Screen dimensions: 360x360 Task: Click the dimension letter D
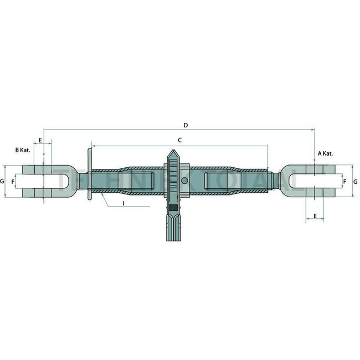tap(186, 126)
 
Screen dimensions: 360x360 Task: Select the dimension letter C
tap(180, 141)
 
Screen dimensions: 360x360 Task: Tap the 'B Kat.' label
tap(23, 150)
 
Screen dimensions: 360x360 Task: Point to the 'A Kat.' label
tap(325, 153)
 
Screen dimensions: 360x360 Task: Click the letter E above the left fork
tap(40, 141)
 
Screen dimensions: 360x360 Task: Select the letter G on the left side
tap(2, 182)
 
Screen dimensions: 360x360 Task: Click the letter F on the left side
tap(13, 182)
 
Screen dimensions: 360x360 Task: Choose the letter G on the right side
tap(355, 182)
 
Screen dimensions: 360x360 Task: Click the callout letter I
tap(123, 204)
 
